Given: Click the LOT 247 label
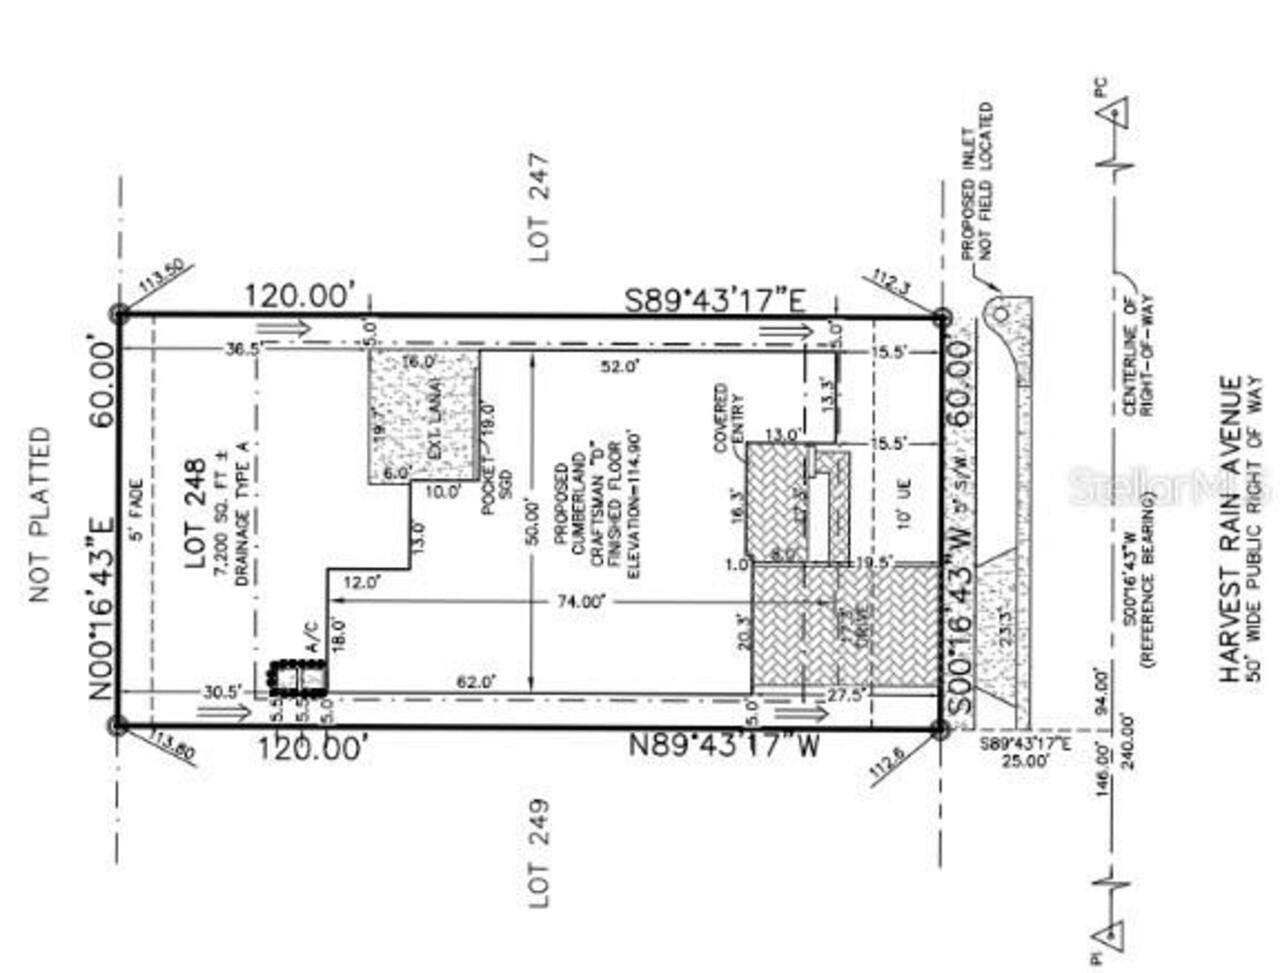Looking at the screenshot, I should click(x=539, y=207).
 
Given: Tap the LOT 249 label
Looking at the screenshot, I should click(x=539, y=853).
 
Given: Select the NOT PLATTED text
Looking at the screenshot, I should click(x=39, y=515).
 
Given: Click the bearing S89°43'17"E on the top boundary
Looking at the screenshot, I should click(x=716, y=299).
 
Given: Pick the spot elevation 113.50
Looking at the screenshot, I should click(x=161, y=276).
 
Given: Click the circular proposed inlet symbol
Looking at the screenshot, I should click(x=1000, y=314).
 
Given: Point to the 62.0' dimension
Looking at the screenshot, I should click(x=475, y=683).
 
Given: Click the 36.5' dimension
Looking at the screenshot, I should click(x=243, y=348).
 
